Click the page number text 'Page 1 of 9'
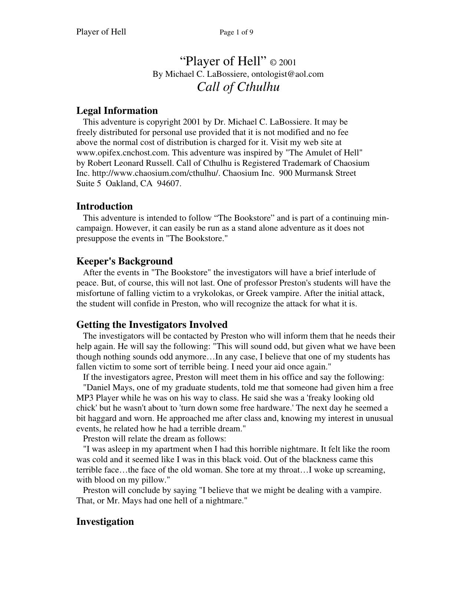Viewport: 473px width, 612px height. (x=236, y=32)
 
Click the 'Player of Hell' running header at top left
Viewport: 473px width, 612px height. (x=101, y=32)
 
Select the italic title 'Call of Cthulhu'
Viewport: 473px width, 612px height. (x=238, y=87)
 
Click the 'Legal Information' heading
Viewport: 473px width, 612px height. (x=117, y=111)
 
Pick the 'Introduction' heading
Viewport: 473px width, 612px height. (x=104, y=206)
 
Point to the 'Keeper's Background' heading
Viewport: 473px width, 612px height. (x=124, y=261)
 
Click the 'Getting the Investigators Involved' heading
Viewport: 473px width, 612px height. (x=152, y=325)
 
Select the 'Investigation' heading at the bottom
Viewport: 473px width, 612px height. (x=105, y=521)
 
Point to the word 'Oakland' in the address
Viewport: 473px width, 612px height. (x=122, y=184)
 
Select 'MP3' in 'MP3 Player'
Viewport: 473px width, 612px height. (x=83, y=398)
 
